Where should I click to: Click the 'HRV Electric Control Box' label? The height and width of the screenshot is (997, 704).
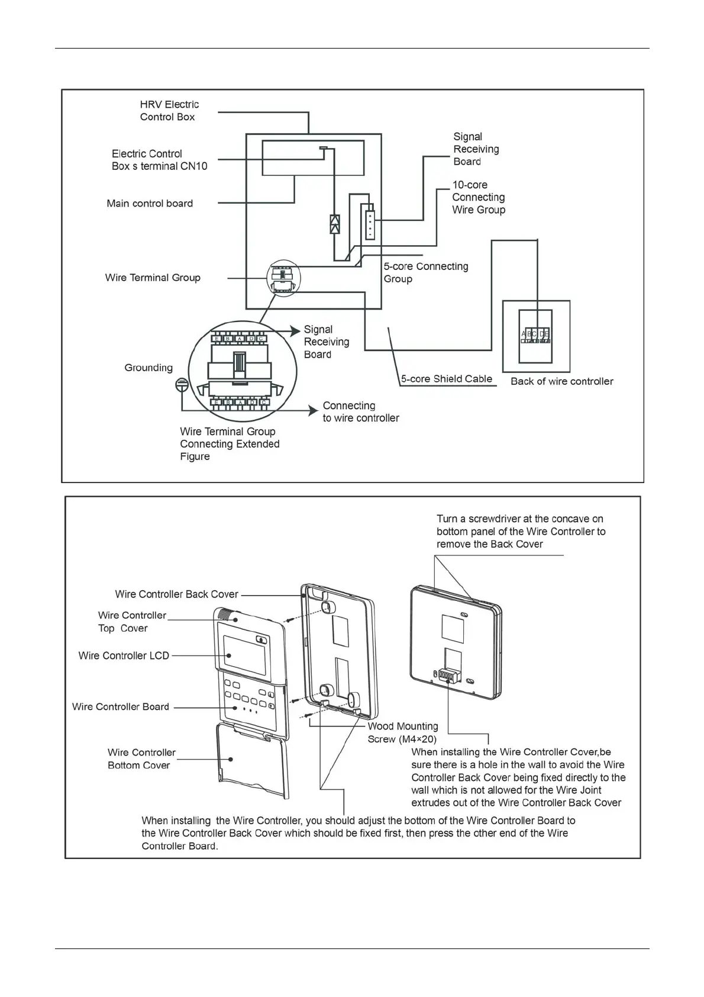pyautogui.click(x=169, y=111)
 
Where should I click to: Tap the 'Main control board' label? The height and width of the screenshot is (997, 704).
pyautogui.click(x=150, y=204)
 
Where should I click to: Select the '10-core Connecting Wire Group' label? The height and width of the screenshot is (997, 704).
pyautogui.click(x=479, y=197)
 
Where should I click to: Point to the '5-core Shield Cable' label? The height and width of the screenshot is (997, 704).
pyautogui.click(x=447, y=379)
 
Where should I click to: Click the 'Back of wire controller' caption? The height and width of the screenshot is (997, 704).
pyautogui.click(x=561, y=381)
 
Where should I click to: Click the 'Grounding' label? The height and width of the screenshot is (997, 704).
pyautogui.click(x=148, y=368)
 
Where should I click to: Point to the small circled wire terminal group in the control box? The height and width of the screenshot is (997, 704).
pyautogui.click(x=283, y=278)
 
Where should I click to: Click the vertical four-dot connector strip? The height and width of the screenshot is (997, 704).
pyautogui.click(x=370, y=224)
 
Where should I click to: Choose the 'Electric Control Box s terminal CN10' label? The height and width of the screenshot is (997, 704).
pyautogui.click(x=159, y=160)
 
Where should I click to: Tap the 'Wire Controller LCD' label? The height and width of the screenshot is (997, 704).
pyautogui.click(x=124, y=655)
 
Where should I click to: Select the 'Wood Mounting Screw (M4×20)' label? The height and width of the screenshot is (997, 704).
pyautogui.click(x=403, y=732)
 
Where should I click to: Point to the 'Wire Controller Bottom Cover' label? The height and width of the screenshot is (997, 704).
pyautogui.click(x=141, y=758)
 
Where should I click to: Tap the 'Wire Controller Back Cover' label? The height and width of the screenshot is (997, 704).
pyautogui.click(x=176, y=594)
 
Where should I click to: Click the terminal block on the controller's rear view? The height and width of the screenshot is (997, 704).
pyautogui.click(x=448, y=676)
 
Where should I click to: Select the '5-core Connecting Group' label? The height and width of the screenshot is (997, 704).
pyautogui.click(x=425, y=272)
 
